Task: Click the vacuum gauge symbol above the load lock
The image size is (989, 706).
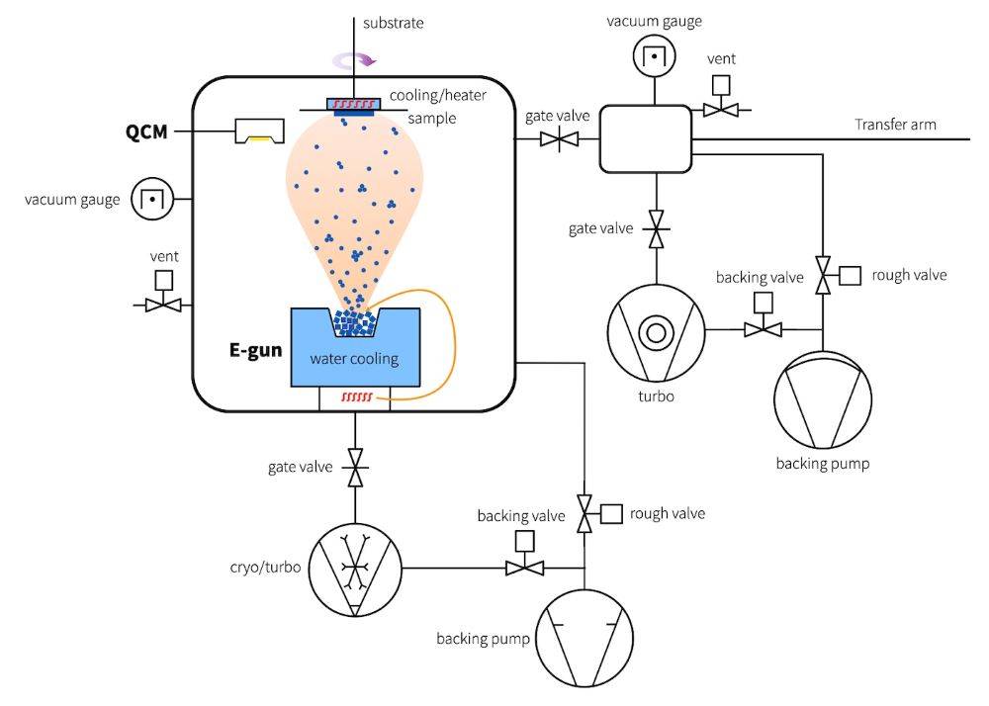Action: tap(653, 57)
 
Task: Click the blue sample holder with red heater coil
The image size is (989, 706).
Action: tap(352, 105)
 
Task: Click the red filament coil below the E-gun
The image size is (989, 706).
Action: tap(356, 397)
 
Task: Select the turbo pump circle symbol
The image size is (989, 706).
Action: tap(654, 333)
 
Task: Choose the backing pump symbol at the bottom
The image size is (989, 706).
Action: tap(584, 637)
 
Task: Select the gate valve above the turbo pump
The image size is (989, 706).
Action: tap(654, 228)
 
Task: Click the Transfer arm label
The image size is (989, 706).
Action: tap(895, 125)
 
